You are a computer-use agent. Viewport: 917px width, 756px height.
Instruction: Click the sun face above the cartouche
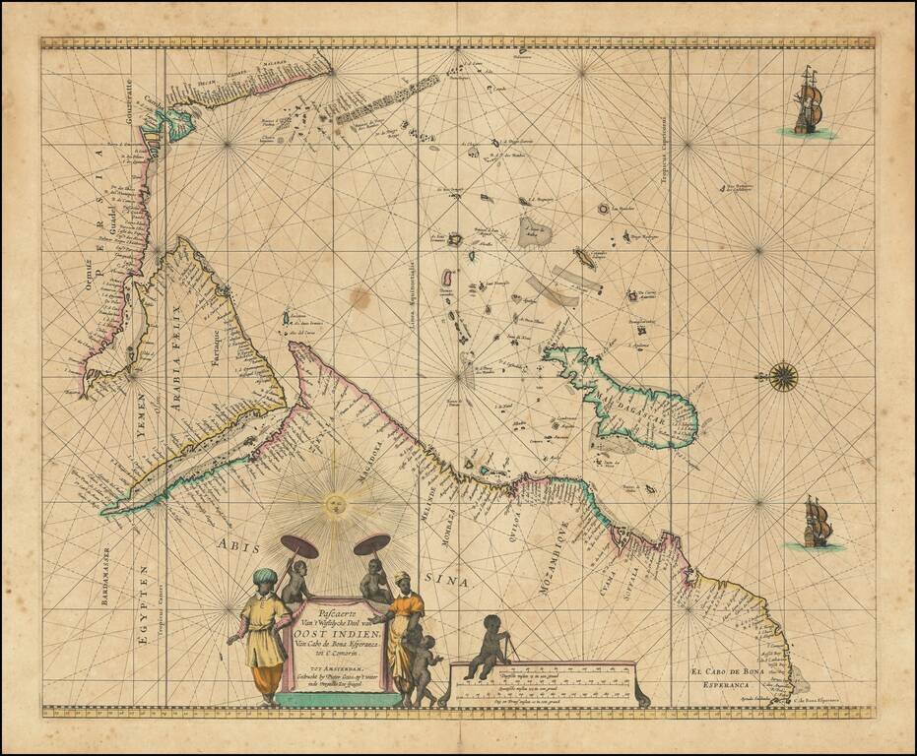[333, 505]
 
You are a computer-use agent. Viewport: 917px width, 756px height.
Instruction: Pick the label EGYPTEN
[144, 600]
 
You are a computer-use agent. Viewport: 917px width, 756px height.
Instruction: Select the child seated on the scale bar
[487, 645]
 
